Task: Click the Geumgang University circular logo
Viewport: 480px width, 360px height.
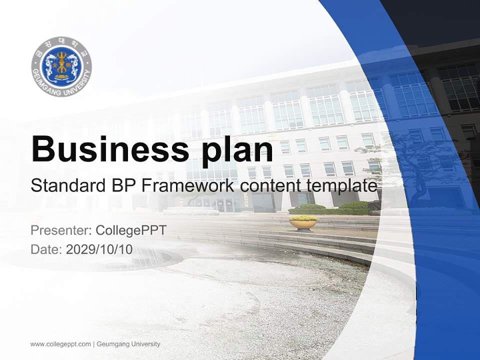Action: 61,67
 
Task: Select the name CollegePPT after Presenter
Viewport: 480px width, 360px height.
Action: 130,231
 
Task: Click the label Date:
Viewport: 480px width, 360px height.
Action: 46,249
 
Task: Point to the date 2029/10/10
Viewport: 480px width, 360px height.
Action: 99,249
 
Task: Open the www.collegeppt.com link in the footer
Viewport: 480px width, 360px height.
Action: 60,344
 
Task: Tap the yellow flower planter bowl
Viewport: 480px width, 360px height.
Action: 303,222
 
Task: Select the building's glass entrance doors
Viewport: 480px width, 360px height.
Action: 220,204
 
